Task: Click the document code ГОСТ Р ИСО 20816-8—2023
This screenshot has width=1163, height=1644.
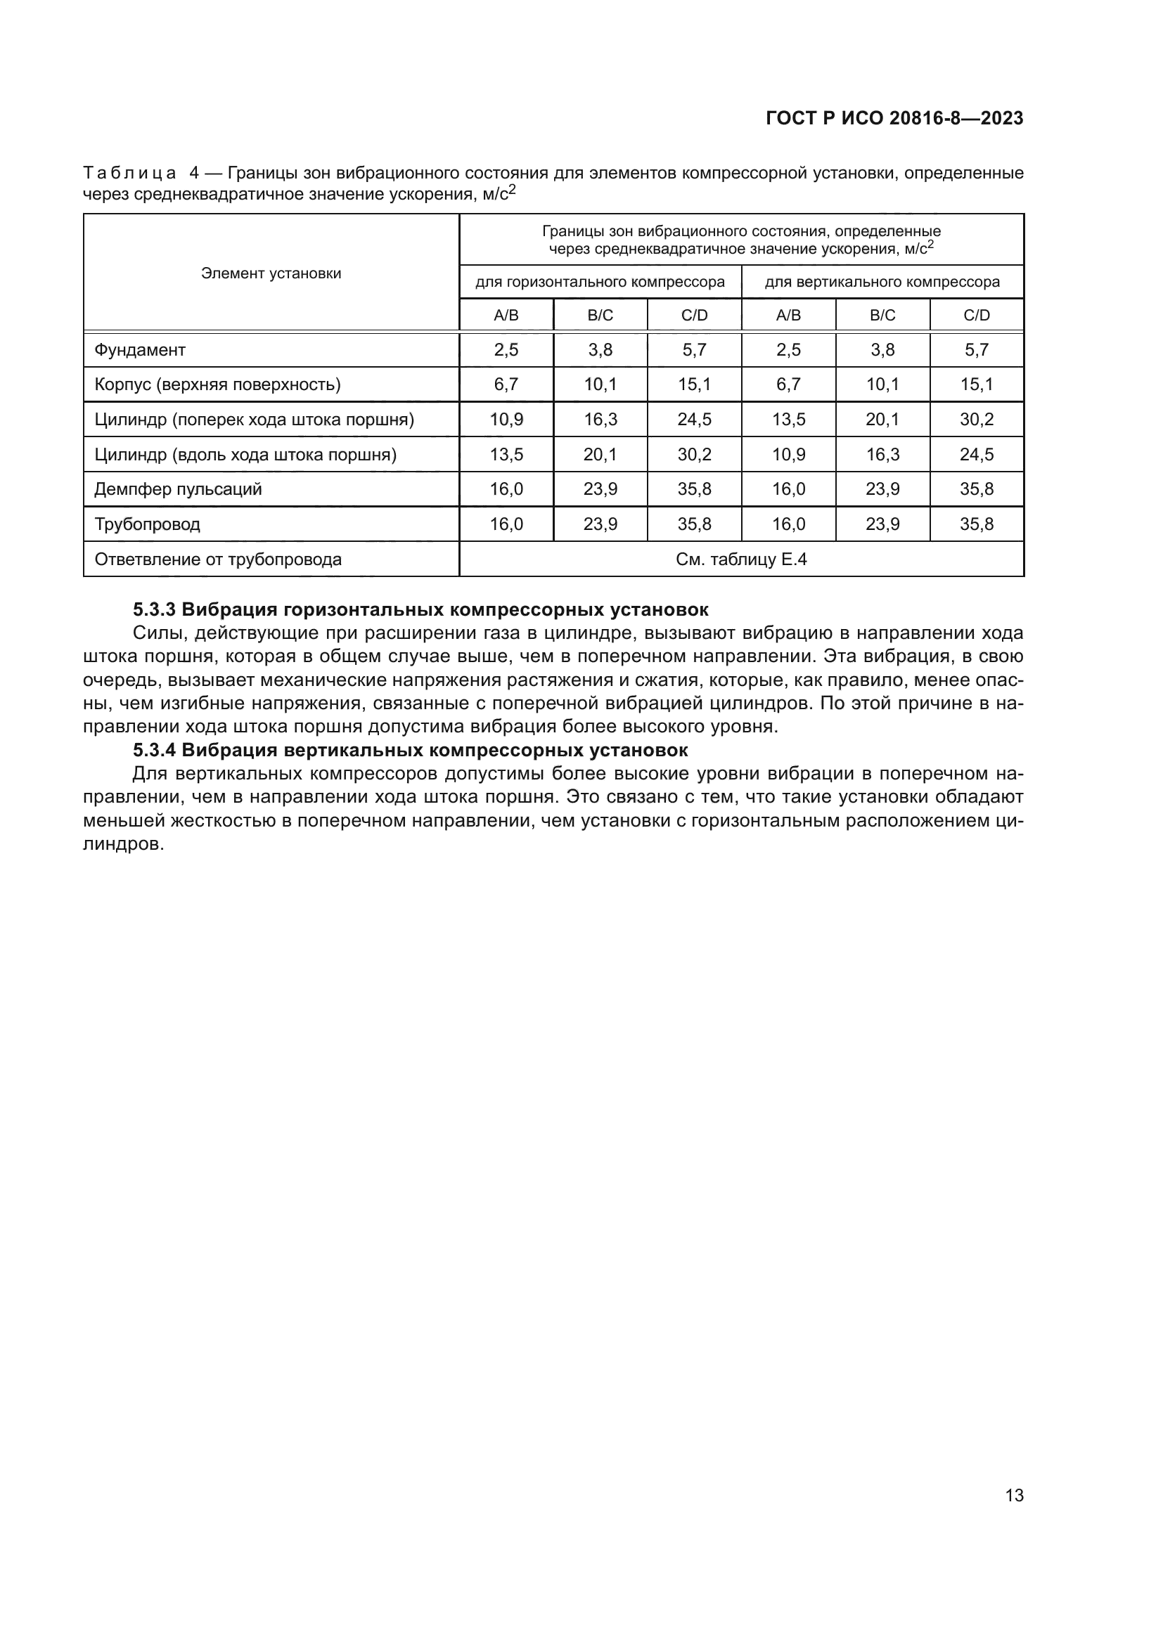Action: click(894, 118)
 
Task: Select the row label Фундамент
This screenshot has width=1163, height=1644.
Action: click(140, 350)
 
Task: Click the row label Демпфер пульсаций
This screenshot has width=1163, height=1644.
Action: click(178, 489)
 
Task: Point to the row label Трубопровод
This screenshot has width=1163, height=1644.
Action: click(147, 524)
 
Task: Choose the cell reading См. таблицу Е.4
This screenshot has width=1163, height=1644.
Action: click(741, 559)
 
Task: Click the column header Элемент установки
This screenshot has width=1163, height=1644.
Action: click(271, 273)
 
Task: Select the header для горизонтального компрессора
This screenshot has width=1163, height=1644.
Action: click(600, 282)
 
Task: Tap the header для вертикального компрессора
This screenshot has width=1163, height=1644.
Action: click(882, 282)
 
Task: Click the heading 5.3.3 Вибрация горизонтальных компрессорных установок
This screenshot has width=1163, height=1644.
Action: click(420, 610)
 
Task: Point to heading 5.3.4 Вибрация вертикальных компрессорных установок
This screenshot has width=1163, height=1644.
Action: click(411, 751)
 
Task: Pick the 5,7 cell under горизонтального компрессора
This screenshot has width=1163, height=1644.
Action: click(694, 350)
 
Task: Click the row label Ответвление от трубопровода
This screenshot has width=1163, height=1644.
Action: click(218, 559)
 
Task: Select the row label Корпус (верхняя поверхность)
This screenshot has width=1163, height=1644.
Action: click(217, 384)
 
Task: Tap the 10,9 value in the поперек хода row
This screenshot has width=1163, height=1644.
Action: click(506, 420)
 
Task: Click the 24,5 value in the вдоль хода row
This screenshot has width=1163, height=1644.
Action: click(977, 455)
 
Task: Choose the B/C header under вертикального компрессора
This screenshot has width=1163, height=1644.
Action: click(882, 315)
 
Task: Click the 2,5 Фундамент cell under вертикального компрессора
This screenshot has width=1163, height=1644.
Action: click(788, 350)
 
